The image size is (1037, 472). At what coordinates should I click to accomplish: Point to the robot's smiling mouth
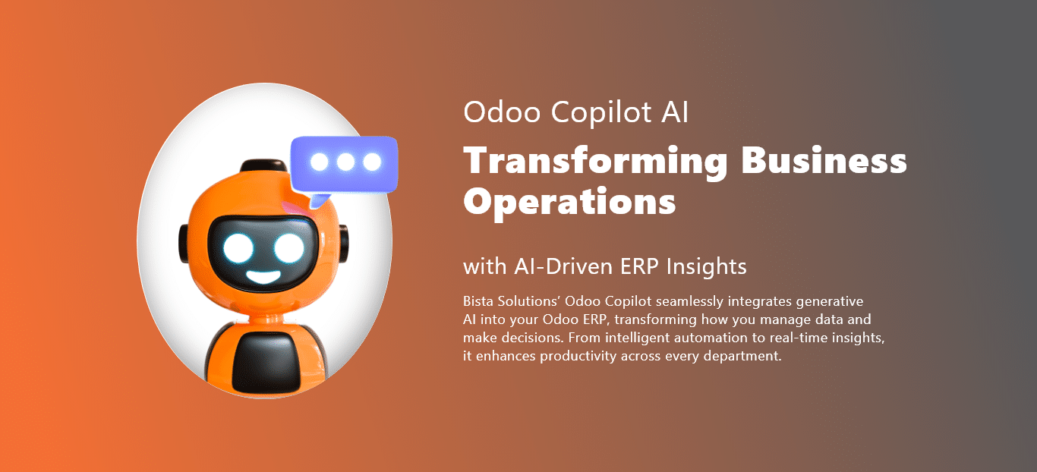[263, 275]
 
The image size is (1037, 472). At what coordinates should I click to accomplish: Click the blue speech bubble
[344, 162]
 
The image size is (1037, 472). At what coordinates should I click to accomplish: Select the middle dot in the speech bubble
[345, 162]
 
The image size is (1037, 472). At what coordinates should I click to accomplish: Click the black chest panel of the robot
[264, 363]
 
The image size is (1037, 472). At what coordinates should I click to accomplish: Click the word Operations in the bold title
[569, 202]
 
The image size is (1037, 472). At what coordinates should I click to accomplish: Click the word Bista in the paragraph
[480, 302]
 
